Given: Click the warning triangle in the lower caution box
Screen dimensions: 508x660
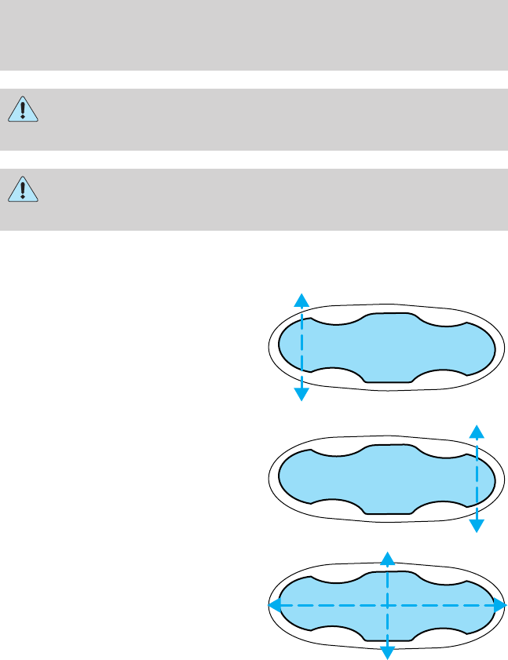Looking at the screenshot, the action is [x=24, y=191].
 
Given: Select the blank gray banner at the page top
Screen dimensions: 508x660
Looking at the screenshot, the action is [x=254, y=35].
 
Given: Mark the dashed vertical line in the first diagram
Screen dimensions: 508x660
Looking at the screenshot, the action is [x=301, y=346].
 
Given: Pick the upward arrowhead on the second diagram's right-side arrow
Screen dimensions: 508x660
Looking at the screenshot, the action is [x=476, y=430].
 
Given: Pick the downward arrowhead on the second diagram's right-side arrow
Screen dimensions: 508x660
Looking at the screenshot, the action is [x=476, y=526].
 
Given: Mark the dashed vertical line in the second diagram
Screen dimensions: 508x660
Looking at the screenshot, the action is [x=476, y=478].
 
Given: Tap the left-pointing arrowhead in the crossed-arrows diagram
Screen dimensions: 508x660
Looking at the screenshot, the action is [x=275, y=605].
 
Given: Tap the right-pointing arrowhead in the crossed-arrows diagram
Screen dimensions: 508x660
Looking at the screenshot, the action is [x=499, y=605].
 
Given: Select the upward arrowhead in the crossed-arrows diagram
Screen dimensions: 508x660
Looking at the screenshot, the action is [x=386, y=557].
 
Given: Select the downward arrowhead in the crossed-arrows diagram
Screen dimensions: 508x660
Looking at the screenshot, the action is [x=386, y=652].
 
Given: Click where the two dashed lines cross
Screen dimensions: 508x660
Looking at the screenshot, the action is [x=386, y=605].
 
